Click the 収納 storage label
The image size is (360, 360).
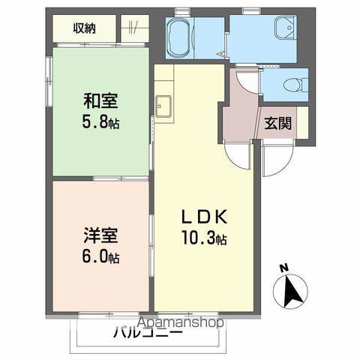click(x=84, y=28)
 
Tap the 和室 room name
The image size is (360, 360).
click(x=100, y=100)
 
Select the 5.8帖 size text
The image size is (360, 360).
click(x=100, y=122)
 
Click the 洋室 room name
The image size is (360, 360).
click(x=100, y=235)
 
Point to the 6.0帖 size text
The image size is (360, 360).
click(x=100, y=257)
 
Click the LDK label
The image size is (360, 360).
click(x=205, y=217)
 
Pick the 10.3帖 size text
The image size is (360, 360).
click(x=204, y=238)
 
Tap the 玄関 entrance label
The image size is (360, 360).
click(x=278, y=123)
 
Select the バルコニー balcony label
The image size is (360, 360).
click(x=148, y=333)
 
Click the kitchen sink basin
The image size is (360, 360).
click(x=163, y=106)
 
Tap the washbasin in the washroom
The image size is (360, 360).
click(x=286, y=28)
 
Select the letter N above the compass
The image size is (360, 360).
click(x=284, y=268)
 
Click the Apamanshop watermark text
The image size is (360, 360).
click(x=181, y=322)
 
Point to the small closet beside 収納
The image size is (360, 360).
click(x=135, y=28)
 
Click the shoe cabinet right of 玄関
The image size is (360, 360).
click(x=302, y=122)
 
